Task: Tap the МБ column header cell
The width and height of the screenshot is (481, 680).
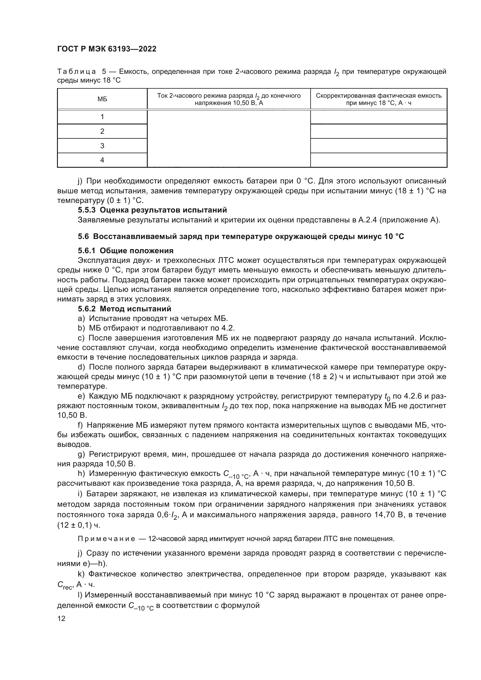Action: (x=102, y=99)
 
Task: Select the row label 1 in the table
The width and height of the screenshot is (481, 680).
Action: (x=102, y=117)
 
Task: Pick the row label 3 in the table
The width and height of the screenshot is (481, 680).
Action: (x=102, y=146)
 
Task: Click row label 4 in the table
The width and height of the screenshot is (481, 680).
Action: (x=102, y=160)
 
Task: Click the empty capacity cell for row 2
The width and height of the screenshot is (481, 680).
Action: (x=379, y=131)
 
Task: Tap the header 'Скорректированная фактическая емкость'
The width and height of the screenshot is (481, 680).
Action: (x=379, y=96)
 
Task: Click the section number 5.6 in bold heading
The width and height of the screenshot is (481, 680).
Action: (x=83, y=236)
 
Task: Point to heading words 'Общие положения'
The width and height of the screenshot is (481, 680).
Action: (x=137, y=251)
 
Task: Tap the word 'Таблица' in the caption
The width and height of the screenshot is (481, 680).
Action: (x=76, y=72)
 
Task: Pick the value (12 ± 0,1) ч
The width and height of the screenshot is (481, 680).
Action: (x=79, y=525)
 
